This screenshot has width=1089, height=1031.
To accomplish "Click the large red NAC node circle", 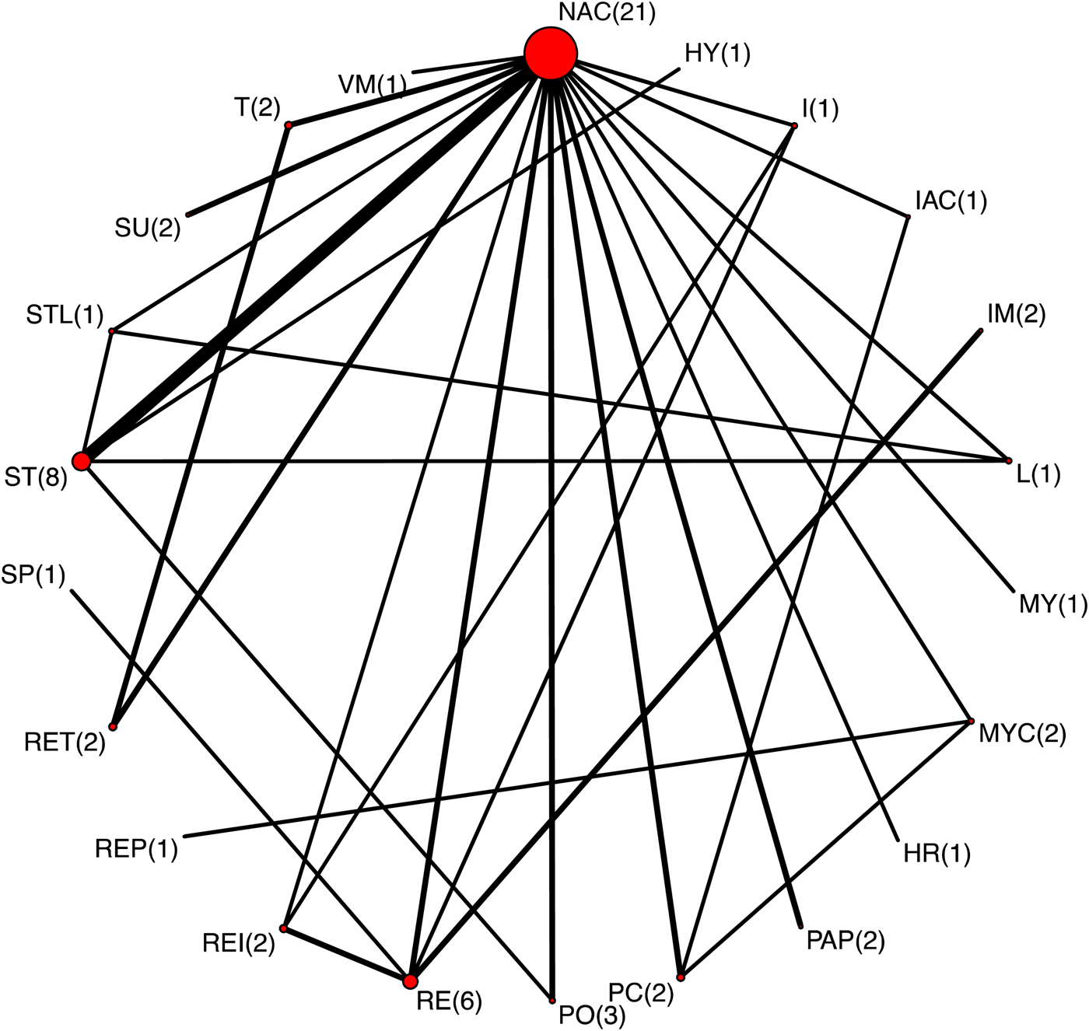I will point(550,53).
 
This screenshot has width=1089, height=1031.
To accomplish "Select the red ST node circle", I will point(81,461).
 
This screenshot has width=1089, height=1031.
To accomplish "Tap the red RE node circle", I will point(410,981).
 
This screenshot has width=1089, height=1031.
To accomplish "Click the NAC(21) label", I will point(607,12).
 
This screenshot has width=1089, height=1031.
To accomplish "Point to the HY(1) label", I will point(717,54).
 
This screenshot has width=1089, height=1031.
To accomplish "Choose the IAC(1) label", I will point(951,201).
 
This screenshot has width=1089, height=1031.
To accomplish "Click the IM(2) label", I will point(1016,314).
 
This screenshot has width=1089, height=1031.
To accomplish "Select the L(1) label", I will point(1038,474).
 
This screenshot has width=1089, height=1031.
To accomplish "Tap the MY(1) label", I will point(1053,603).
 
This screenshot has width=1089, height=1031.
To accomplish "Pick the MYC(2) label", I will point(1022,733).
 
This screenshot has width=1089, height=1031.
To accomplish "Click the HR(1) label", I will point(937,854).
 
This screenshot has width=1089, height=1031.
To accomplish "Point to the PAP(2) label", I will point(846,941).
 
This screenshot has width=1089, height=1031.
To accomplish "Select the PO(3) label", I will point(592,1015).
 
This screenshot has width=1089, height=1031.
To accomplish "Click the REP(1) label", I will point(137,848).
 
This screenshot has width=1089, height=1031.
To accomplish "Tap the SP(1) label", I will point(33,575).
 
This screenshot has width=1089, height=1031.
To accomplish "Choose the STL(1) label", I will point(65,315).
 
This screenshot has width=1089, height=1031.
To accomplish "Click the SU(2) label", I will point(148,228).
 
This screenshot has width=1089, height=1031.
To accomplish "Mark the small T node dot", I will point(289,124).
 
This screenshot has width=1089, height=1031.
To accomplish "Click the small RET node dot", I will point(113,727).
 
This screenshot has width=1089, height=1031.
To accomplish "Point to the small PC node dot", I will point(681,977).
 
